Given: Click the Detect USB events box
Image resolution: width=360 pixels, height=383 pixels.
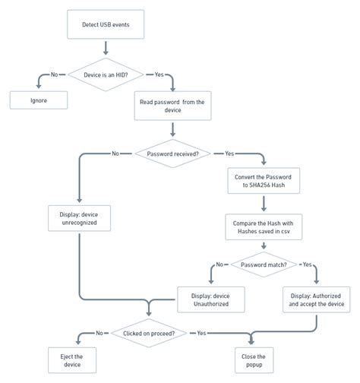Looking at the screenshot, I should click(x=105, y=25).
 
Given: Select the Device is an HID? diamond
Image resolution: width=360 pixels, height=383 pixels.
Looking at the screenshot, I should click(x=105, y=74).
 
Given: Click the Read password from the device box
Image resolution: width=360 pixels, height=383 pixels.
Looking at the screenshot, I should click(x=172, y=105).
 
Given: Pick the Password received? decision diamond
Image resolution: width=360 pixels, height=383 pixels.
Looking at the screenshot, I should click(x=172, y=154).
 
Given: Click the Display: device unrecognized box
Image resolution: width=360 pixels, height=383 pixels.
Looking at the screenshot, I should click(x=79, y=220).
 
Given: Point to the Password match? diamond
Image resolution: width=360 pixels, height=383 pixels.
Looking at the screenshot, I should click(x=263, y=264).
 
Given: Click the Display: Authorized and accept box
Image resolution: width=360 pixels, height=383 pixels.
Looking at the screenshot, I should click(x=317, y=299).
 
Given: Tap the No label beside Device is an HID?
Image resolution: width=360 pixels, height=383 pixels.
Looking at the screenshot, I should click(x=54, y=74).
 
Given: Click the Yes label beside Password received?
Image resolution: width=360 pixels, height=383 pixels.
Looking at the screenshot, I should click(x=229, y=154).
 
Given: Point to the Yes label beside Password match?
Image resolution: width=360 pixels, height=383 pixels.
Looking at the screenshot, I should click(x=308, y=264).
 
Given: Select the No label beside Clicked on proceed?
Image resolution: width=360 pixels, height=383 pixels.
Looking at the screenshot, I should click(x=99, y=333).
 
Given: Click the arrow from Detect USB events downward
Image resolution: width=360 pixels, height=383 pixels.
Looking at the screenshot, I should click(x=105, y=48).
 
